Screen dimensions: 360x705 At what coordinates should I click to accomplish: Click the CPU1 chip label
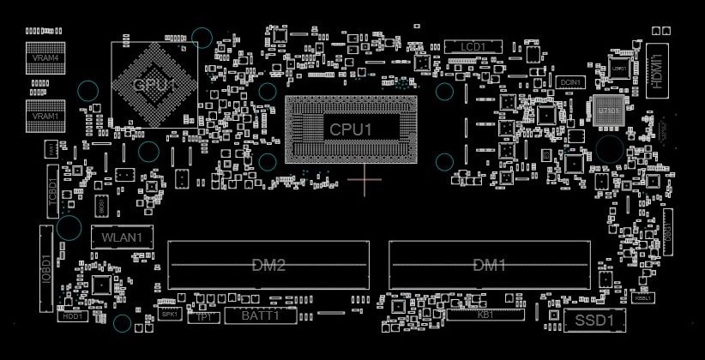coord(352,130)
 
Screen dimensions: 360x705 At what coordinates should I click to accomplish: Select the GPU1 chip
coord(154,84)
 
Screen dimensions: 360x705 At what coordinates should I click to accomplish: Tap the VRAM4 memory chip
coord(45,57)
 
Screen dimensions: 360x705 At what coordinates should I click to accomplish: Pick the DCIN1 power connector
coord(570,82)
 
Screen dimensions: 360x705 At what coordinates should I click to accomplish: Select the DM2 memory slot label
coord(268,265)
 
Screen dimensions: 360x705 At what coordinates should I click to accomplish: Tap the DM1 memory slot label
coord(490,265)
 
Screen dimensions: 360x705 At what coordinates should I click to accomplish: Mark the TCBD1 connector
coord(51,190)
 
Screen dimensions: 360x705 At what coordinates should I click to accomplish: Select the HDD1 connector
coord(72,316)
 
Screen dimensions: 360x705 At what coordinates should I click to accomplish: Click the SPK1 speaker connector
coord(169,315)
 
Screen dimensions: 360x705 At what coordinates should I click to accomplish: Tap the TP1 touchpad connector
coord(204,317)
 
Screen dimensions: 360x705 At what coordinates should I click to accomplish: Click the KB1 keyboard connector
coord(485,315)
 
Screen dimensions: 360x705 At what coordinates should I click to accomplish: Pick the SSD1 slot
coord(594,321)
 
